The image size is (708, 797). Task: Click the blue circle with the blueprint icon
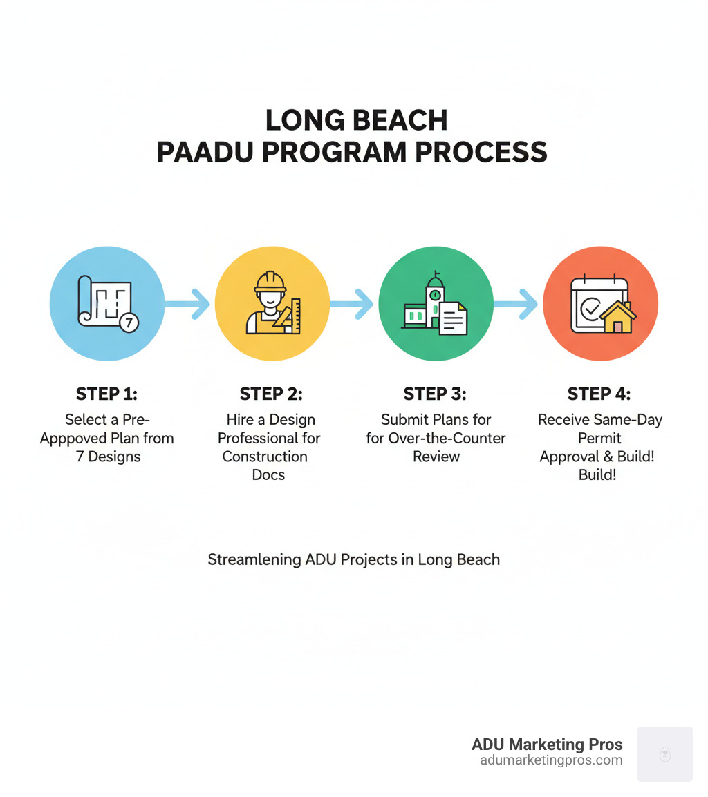pyautogui.click(x=107, y=304)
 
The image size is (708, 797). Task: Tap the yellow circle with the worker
pyautogui.click(x=272, y=304)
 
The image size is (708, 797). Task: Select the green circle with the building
pyautogui.click(x=436, y=304)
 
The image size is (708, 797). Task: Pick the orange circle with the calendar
pyautogui.click(x=600, y=304)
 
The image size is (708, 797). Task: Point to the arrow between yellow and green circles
pyautogui.click(x=353, y=304)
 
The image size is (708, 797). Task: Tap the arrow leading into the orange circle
pyautogui.click(x=518, y=304)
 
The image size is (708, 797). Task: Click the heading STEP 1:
pyautogui.click(x=106, y=394)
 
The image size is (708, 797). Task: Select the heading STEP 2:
pyautogui.click(x=271, y=394)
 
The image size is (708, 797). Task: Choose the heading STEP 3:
pyautogui.click(x=435, y=394)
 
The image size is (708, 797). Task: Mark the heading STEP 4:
pyautogui.click(x=599, y=394)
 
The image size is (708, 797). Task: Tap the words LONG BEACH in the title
pyautogui.click(x=356, y=120)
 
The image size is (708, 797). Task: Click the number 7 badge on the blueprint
pyautogui.click(x=129, y=323)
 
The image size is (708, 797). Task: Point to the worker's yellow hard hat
pyautogui.click(x=270, y=280)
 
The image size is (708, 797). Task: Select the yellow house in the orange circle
pyautogui.click(x=617, y=317)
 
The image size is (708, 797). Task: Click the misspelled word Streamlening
pyautogui.click(x=254, y=559)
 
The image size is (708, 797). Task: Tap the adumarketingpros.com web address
pyautogui.click(x=551, y=760)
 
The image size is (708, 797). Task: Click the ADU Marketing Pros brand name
pyautogui.click(x=547, y=745)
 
